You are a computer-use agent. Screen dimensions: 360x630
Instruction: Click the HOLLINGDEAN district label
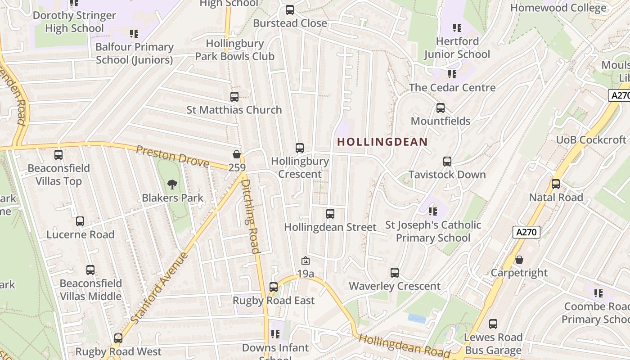(x=382, y=142)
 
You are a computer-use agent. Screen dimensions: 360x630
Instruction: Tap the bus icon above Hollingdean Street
(x=330, y=214)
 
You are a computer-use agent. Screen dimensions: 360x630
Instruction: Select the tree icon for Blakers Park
(x=172, y=184)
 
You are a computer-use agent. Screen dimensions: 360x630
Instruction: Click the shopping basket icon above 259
(x=237, y=154)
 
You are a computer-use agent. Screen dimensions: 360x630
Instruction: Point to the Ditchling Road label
(x=250, y=216)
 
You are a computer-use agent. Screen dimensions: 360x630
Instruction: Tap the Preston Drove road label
(x=173, y=156)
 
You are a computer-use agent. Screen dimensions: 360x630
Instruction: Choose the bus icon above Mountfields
(x=441, y=108)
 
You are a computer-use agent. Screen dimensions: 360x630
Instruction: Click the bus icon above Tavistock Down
(x=447, y=162)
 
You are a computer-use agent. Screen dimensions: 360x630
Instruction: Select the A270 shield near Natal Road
(x=526, y=232)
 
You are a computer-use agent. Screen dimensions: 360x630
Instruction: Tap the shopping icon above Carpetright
(x=519, y=260)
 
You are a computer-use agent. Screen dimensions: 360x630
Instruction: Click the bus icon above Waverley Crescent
(x=395, y=273)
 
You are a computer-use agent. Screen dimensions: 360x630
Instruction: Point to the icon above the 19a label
(x=305, y=261)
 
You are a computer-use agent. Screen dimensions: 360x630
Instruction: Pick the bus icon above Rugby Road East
(x=274, y=287)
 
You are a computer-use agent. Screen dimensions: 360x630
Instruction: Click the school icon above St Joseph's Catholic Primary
(x=433, y=211)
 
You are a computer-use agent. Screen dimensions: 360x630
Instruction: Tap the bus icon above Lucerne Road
(x=80, y=221)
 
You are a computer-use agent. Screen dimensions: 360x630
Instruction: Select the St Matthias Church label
(x=234, y=110)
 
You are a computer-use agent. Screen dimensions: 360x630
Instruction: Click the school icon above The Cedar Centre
(x=452, y=74)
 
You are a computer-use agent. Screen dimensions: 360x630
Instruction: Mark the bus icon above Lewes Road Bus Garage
(x=493, y=324)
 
